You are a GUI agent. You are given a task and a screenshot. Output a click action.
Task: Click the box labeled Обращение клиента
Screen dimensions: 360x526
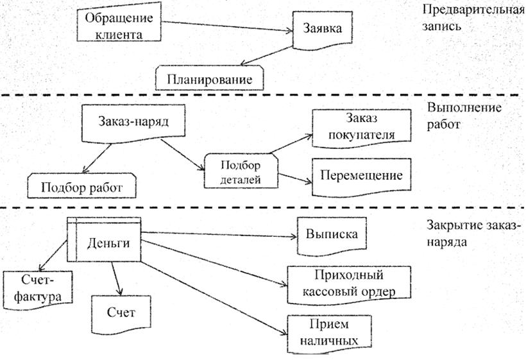pyautogui.click(x=118, y=25)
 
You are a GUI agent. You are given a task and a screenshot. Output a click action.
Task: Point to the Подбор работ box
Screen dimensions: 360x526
pyautogui.click(x=81, y=187)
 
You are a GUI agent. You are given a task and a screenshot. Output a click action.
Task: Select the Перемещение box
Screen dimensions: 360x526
pyautogui.click(x=362, y=175)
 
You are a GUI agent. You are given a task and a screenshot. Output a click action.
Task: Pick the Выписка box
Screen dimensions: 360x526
pyautogui.click(x=331, y=234)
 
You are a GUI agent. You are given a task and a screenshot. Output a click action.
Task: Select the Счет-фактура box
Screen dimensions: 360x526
pyautogui.click(x=37, y=289)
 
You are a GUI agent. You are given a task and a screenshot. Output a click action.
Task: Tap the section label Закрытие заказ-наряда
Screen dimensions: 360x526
pyautogui.click(x=473, y=234)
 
